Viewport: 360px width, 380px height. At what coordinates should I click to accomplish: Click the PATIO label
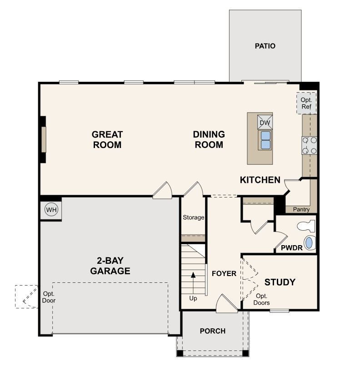265,46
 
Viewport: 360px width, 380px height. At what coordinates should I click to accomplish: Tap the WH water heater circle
51,209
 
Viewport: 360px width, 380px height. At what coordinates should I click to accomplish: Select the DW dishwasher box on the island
265,123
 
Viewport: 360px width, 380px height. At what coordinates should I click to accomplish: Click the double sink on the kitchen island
265,140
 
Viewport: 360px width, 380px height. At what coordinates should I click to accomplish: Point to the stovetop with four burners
309,145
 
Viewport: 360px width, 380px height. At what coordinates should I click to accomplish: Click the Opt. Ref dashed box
307,103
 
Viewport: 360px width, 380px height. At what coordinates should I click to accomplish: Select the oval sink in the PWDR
310,243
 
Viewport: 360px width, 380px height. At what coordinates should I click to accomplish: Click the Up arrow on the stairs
193,283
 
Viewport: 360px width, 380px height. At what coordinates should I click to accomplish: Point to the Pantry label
301,209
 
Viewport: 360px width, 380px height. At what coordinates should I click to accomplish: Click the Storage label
193,217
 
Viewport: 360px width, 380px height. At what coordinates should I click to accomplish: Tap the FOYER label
224,274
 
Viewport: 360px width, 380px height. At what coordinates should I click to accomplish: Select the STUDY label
280,282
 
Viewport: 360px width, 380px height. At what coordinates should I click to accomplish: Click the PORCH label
213,331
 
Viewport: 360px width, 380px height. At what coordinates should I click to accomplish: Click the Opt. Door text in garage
49,297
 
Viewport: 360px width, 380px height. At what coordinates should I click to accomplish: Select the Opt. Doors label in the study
261,299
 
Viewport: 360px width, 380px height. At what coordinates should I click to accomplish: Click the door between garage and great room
162,191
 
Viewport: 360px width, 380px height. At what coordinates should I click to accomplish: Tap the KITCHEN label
260,180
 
